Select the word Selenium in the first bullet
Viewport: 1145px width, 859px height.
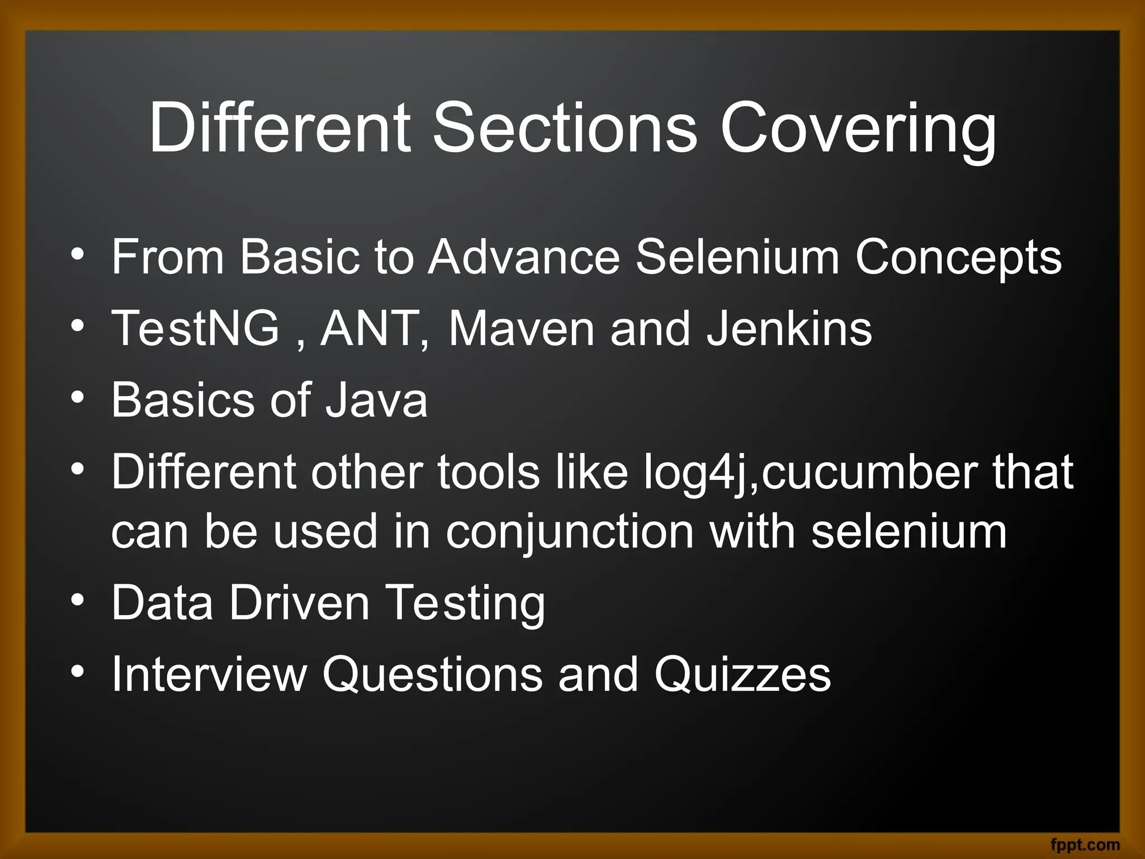tap(737, 257)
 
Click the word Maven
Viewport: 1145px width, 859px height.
tap(521, 328)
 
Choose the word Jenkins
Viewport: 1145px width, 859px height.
tap(789, 328)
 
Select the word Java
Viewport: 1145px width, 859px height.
tap(377, 400)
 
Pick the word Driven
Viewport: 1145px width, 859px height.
tap(299, 603)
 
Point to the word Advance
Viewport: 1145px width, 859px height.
tap(524, 257)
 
